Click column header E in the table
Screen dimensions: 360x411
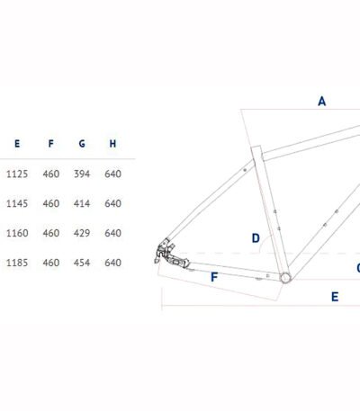point(17,144)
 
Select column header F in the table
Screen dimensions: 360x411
point(51,144)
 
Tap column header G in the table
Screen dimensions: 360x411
point(82,144)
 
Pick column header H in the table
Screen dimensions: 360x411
point(112,144)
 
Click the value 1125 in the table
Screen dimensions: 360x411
point(17,174)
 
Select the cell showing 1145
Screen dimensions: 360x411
point(17,203)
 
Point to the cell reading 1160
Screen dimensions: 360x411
point(17,233)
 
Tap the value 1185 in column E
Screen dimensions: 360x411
point(17,263)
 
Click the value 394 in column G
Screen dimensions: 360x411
point(82,174)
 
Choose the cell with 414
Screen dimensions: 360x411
point(82,203)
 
